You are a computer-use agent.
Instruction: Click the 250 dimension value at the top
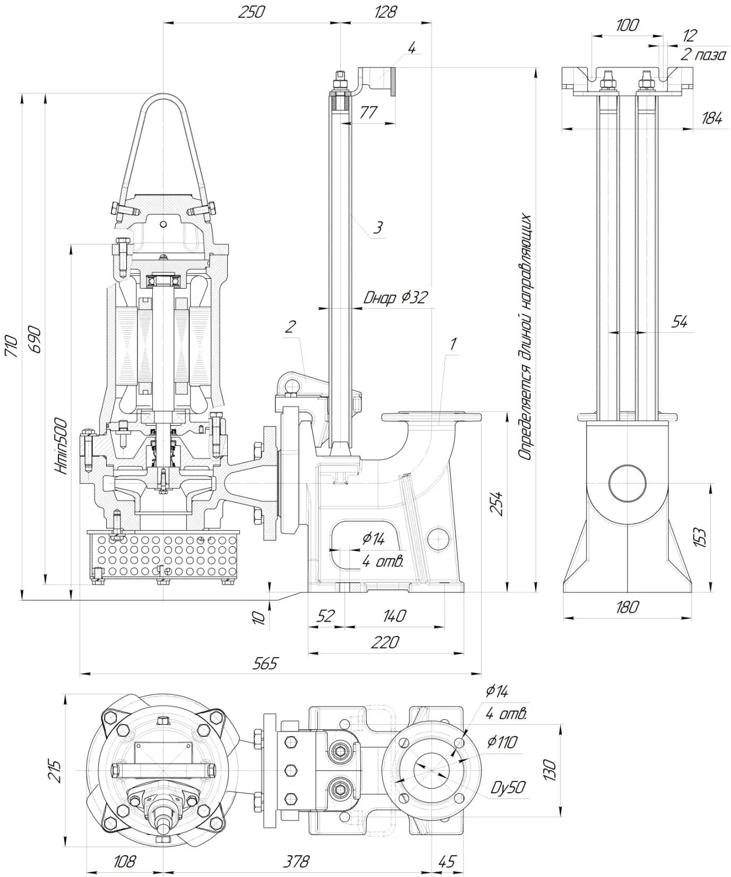[x=251, y=12]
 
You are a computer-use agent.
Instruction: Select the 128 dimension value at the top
[x=385, y=12]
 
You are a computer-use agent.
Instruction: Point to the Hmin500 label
[x=62, y=445]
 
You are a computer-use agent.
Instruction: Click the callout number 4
[x=411, y=47]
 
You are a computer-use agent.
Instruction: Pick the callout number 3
[x=377, y=228]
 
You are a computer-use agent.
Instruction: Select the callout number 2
[x=289, y=326]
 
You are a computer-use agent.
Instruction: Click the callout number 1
[x=452, y=343]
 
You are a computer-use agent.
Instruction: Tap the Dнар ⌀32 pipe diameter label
[x=395, y=297]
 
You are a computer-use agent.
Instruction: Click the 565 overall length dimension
[x=265, y=664]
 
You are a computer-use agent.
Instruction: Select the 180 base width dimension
[x=627, y=606]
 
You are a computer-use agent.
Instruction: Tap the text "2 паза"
[x=702, y=54]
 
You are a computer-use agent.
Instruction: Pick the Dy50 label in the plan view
[x=508, y=787]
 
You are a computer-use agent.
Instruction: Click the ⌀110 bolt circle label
[x=501, y=742]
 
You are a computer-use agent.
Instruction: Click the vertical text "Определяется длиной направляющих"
[x=525, y=338]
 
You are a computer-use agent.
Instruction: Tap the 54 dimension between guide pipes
[x=679, y=322]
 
